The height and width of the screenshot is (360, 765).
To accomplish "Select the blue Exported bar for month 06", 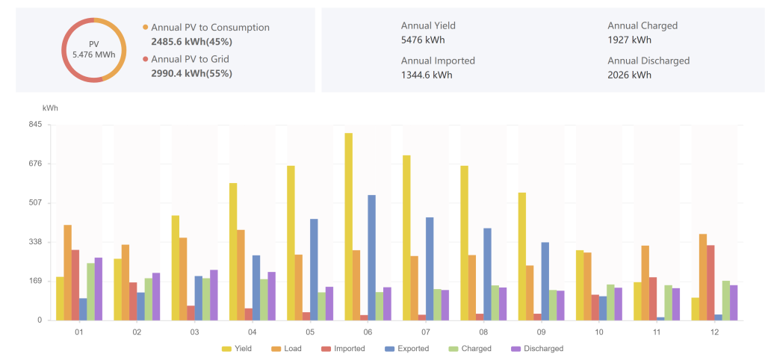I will pyautogui.click(x=371, y=258).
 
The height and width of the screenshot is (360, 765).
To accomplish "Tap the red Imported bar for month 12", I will pyautogui.click(x=710, y=282).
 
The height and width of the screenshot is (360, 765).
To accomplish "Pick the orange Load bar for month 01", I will pyautogui.click(x=68, y=273).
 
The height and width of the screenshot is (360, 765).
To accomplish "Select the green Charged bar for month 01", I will pyautogui.click(x=91, y=291).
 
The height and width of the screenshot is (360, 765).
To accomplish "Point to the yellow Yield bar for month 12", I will pyautogui.click(x=696, y=309).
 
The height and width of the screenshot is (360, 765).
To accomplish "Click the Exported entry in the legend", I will pyautogui.click(x=407, y=349).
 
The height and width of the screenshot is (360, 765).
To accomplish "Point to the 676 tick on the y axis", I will pyautogui.click(x=34, y=164).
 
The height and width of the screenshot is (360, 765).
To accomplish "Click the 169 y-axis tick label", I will pyautogui.click(x=34, y=282).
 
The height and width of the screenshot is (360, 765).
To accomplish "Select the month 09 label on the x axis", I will pyautogui.click(x=541, y=332).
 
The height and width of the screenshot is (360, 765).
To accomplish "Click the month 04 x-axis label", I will pyautogui.click(x=252, y=332).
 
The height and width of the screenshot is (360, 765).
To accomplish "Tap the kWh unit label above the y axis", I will pyautogui.click(x=50, y=108).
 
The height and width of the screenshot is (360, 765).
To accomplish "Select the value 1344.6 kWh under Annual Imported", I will pyautogui.click(x=427, y=75).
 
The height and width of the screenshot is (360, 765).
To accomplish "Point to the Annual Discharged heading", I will pyautogui.click(x=648, y=60).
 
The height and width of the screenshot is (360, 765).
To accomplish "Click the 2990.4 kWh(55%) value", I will pyautogui.click(x=191, y=73).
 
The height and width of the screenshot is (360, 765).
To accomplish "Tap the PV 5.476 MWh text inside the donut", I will pyautogui.click(x=93, y=50).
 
